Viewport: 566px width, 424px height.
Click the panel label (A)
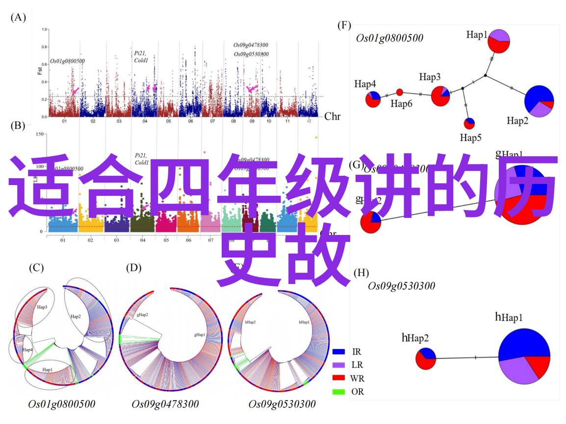pos(18,18)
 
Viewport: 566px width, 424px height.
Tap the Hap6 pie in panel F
pos(399,92)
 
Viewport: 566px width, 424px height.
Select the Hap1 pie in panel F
pos(499,41)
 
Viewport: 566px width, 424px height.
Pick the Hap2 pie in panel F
pos(539,101)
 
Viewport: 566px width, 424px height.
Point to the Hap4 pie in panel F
pos(373,98)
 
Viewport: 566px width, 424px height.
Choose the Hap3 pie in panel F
pos(440,95)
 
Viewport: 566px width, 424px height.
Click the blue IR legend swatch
pos(339,352)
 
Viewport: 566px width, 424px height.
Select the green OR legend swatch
pos(339,392)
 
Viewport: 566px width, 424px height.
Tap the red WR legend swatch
pos(339,378)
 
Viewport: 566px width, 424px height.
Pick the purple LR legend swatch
pos(339,365)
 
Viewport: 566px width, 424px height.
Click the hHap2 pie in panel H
pos(426,358)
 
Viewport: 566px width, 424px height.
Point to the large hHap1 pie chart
pos(524,357)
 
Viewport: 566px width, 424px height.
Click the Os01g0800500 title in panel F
pos(389,38)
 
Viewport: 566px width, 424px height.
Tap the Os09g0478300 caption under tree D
pos(165,404)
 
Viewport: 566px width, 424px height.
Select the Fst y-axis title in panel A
pos(39,71)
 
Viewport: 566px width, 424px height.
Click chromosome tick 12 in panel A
pos(309,121)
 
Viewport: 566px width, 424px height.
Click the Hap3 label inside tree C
pos(42,307)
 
